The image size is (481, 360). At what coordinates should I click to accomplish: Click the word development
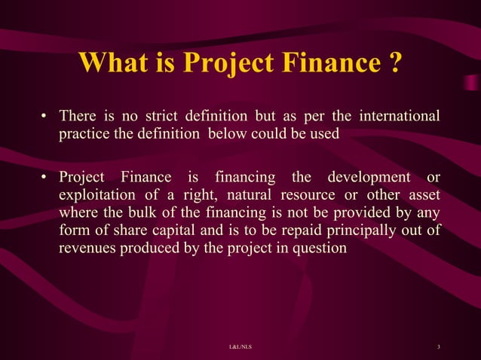(x=366, y=178)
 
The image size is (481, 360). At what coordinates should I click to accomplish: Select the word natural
(x=248, y=195)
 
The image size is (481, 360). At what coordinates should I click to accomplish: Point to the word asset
(x=421, y=195)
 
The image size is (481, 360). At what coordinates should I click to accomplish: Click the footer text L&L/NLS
(x=240, y=346)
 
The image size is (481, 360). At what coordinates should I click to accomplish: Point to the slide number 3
(x=438, y=346)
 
